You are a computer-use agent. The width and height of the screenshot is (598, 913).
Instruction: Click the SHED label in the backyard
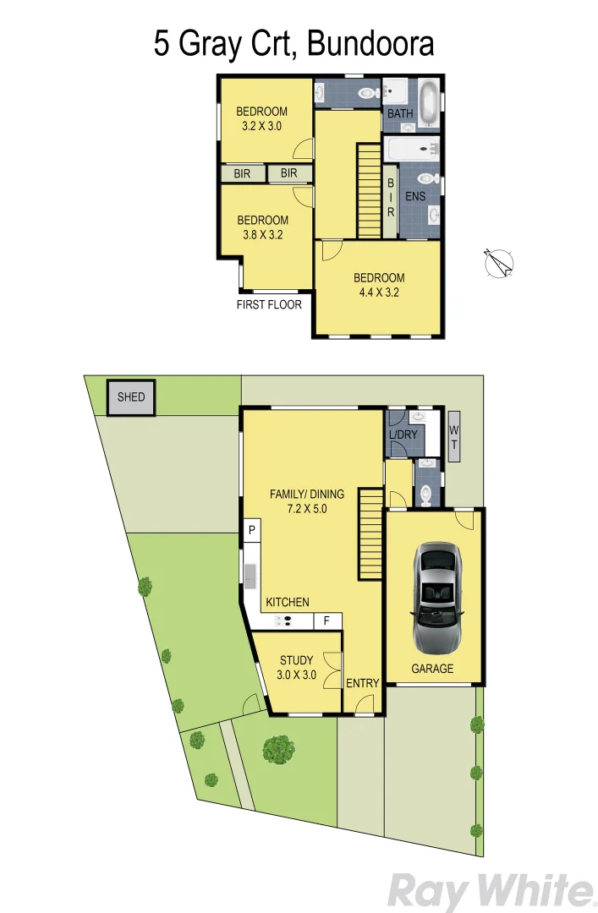(x=131, y=397)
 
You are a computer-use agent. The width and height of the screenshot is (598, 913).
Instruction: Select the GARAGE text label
(x=432, y=669)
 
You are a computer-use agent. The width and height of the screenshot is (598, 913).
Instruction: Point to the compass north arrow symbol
(x=499, y=264)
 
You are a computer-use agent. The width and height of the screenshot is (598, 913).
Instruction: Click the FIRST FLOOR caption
(x=269, y=305)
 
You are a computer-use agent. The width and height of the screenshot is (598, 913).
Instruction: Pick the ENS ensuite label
(x=415, y=196)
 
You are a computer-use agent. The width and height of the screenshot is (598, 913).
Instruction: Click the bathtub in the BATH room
(x=427, y=100)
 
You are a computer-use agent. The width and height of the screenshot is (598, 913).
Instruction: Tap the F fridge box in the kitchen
(x=326, y=621)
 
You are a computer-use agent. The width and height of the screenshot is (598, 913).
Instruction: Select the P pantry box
(x=251, y=531)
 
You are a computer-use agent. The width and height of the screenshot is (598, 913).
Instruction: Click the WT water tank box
(x=453, y=436)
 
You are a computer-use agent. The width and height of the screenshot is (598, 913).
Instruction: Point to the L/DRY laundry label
(x=403, y=436)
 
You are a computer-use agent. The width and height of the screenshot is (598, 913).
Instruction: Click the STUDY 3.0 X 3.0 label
(x=296, y=668)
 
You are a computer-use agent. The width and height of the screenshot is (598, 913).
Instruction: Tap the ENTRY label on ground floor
(x=363, y=683)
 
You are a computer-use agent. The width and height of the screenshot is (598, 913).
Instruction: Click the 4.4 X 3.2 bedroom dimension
(x=378, y=292)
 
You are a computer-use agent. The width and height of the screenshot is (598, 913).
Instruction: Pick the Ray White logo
(x=491, y=890)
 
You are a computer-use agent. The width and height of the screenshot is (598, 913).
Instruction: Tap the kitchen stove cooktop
(x=285, y=621)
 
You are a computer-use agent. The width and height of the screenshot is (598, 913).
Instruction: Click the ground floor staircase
(x=370, y=533)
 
